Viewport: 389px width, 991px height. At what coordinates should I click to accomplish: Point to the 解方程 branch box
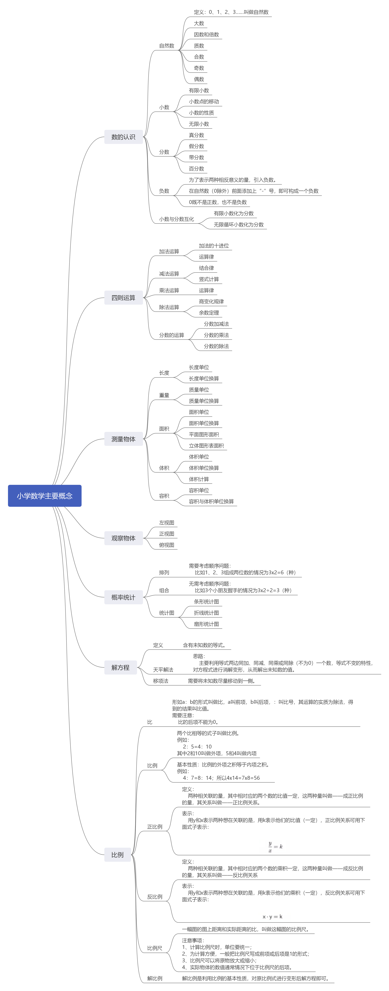pos(120,668)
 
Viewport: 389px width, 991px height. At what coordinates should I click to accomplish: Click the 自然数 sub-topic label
pos(167,46)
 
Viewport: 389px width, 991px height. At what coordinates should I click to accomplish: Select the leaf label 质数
pos(199,46)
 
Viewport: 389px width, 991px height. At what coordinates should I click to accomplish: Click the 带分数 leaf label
pos(196,157)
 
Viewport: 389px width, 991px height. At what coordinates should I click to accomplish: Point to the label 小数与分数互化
pos(177,219)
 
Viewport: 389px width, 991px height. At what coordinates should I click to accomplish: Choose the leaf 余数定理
pos(209,313)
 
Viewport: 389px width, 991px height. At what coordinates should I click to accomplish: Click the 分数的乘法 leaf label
pos(216,335)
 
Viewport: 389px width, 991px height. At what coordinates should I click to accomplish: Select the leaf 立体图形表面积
pos(206,446)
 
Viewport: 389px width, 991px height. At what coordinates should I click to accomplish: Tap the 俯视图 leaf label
pos(167,545)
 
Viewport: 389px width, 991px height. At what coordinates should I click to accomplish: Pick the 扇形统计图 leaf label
pos(206,624)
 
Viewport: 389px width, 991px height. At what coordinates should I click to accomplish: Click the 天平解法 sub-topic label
pos(163,670)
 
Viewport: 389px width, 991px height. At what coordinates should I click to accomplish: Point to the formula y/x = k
pos(275,846)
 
